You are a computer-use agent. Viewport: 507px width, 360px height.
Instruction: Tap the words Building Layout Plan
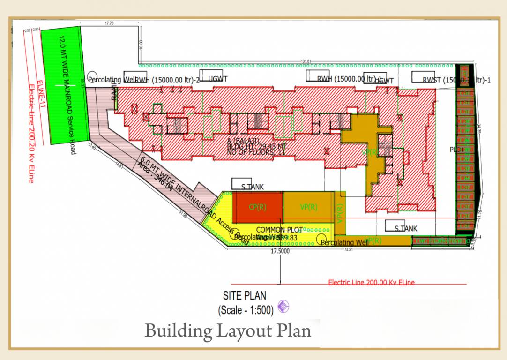tap(228, 330)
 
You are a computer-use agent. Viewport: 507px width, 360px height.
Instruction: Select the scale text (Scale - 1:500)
tap(246, 310)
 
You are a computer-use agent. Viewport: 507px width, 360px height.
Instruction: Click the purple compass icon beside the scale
tap(283, 307)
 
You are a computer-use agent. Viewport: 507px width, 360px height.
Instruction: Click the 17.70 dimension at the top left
tap(110, 22)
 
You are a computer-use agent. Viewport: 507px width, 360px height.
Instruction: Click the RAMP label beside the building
tap(114, 92)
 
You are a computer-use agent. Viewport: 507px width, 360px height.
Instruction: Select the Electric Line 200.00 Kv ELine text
tap(371, 283)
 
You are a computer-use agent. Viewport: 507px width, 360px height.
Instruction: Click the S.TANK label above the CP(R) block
tap(252, 187)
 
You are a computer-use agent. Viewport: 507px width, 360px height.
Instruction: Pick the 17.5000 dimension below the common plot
tap(280, 252)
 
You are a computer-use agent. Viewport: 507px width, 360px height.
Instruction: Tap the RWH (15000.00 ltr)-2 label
tap(167, 80)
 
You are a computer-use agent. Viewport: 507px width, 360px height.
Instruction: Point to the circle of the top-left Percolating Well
tap(92, 76)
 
